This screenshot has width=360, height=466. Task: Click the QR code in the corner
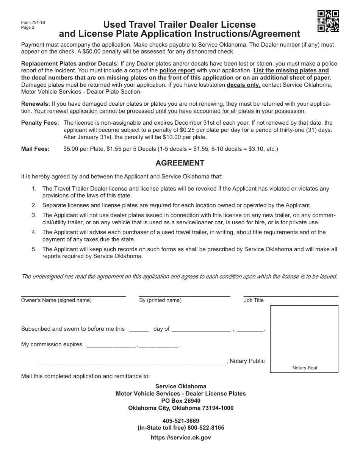click(x=328, y=21)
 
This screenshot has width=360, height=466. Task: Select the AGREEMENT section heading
click(x=180, y=163)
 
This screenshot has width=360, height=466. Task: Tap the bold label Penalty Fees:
click(x=40, y=123)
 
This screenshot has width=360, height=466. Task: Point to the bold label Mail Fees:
click(x=35, y=149)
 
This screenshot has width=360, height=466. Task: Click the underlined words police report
click(x=177, y=71)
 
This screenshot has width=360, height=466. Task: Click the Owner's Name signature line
click(x=73, y=295)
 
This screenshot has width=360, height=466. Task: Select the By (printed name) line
click(x=185, y=295)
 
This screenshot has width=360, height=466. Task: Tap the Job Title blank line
click(x=291, y=295)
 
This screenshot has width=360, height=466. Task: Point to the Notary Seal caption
click(x=305, y=368)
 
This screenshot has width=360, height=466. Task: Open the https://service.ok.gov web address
click(x=181, y=438)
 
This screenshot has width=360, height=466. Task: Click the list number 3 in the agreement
click(x=34, y=215)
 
